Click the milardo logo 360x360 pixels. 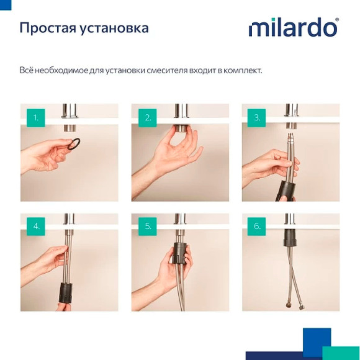click(292, 28)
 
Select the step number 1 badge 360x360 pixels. click(36, 117)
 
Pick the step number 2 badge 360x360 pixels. click(148, 117)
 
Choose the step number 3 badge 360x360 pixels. click(257, 117)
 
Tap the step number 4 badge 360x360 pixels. click(36, 226)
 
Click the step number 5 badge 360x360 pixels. click(148, 226)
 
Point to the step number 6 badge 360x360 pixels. click(257, 226)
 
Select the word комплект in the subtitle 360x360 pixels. click(243, 71)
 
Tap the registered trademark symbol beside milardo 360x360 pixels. click(336, 20)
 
